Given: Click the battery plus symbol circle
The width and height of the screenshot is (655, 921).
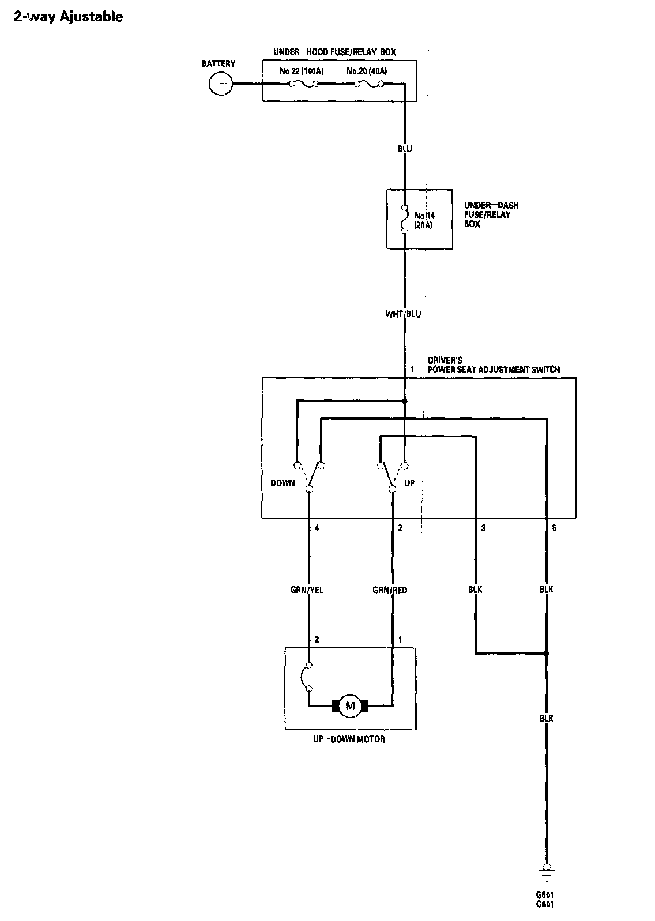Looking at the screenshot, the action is (219, 85).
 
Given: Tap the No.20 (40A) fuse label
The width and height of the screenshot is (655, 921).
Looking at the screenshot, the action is (367, 71).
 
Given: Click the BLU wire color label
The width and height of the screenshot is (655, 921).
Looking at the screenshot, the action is (405, 149).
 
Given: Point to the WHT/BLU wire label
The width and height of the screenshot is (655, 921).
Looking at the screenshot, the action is (404, 314).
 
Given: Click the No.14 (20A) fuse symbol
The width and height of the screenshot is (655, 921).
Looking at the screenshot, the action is (405, 219).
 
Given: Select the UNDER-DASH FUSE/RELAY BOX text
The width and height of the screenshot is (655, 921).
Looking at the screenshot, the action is (487, 214).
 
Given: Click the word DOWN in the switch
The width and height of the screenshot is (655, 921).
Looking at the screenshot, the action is (283, 483).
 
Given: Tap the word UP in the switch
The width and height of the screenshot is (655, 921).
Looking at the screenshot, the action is (409, 483).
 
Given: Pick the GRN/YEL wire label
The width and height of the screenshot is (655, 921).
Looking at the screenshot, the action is (307, 590).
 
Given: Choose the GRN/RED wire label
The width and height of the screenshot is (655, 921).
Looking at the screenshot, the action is (390, 590).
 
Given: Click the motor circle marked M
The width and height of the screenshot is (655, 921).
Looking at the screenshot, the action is (350, 705).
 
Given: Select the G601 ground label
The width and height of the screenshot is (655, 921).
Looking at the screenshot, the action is (545, 904).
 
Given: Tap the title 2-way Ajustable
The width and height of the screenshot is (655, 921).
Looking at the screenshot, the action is (68, 17).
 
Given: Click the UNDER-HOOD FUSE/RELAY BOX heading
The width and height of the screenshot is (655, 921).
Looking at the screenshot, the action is (334, 52).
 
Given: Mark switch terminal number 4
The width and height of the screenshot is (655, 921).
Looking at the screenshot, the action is (317, 527).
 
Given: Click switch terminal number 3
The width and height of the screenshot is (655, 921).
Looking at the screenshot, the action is (483, 527).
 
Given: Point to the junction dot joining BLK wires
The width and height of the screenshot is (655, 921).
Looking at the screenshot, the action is (547, 654).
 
